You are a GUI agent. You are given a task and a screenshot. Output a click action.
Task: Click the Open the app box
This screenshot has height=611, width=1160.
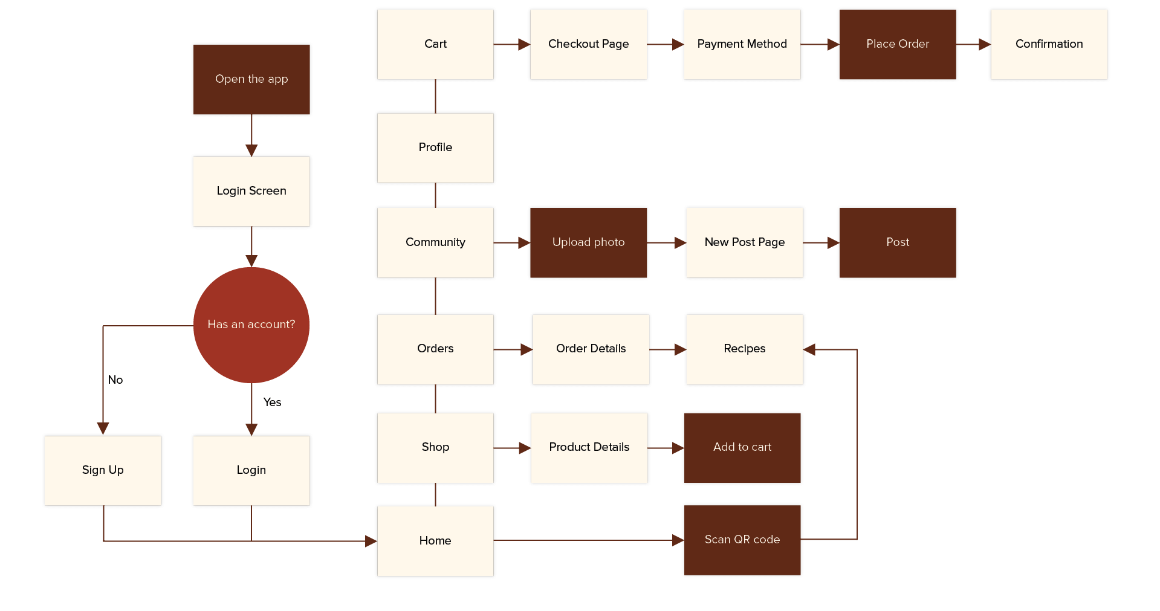[x=251, y=79]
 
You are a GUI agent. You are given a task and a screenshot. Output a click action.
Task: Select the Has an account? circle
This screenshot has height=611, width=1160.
[x=251, y=325]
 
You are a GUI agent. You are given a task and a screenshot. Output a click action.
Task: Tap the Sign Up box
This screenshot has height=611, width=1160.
[x=103, y=470]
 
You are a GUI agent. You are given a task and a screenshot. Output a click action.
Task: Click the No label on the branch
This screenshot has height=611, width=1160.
[x=115, y=380]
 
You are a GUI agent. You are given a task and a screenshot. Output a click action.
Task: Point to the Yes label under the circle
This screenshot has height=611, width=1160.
[x=272, y=402]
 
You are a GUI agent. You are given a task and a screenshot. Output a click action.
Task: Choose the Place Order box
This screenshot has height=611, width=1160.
[x=897, y=44]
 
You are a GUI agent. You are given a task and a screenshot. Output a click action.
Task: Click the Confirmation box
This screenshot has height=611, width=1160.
[x=1049, y=44]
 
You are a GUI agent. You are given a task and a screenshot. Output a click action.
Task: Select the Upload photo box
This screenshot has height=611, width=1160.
[x=588, y=242]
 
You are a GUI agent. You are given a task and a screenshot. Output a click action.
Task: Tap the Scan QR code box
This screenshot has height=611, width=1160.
[x=742, y=540]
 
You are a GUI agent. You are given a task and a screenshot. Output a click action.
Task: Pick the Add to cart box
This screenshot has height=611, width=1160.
[x=742, y=447]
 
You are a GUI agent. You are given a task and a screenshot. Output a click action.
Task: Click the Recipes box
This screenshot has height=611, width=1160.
[x=744, y=349]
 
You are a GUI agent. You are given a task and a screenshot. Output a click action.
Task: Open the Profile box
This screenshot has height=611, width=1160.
[x=435, y=147]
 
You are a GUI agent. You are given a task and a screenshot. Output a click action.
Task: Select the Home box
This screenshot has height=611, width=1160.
[x=435, y=541]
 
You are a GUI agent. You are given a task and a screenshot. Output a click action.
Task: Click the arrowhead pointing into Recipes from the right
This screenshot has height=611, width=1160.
[x=810, y=349]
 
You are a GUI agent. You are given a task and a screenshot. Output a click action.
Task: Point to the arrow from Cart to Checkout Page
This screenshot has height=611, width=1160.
[x=511, y=44]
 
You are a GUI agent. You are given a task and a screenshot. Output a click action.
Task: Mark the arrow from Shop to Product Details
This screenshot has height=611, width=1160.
[x=512, y=448]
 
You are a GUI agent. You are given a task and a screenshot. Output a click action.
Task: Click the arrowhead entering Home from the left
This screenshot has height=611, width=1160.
[x=371, y=541]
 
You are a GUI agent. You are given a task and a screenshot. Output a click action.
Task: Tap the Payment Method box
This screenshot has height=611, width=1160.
[x=742, y=44]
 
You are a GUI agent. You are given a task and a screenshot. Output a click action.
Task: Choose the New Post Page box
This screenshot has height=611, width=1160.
[x=744, y=242]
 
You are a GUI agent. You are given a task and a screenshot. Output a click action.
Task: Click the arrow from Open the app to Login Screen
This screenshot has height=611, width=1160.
[x=251, y=135]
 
